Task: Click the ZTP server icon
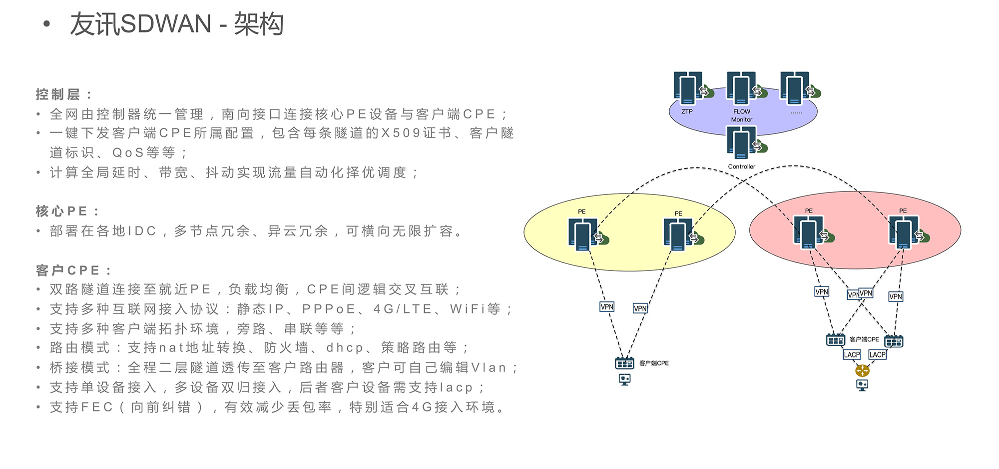[687, 88]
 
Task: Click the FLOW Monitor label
[741, 115]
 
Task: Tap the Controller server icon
[741, 142]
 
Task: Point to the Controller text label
[741, 166]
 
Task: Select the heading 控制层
[58, 94]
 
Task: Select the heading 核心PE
[62, 211]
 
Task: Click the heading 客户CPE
[68, 270]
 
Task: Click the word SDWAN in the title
[166, 24]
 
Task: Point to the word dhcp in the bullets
[345, 348]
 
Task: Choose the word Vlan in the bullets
[489, 368]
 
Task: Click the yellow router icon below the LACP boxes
[862, 370]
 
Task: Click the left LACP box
[852, 354]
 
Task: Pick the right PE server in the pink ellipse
[903, 232]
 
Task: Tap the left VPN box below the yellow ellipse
[607, 306]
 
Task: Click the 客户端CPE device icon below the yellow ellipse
[624, 363]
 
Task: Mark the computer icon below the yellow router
[862, 384]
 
